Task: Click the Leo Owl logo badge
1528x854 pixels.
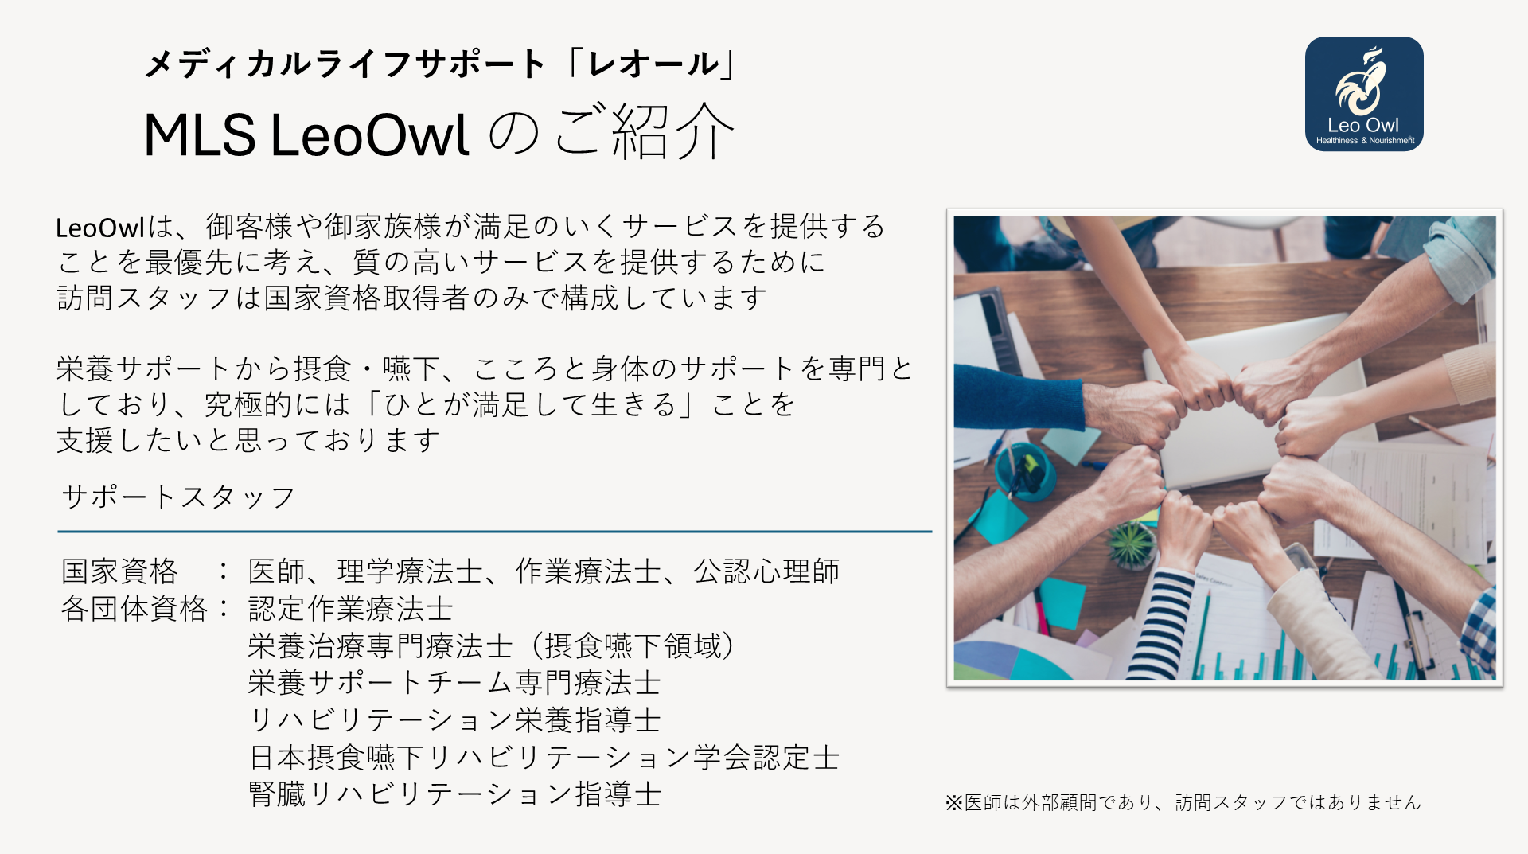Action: coord(1364,94)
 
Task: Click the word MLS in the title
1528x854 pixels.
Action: coord(200,134)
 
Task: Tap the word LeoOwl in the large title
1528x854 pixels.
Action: coord(370,134)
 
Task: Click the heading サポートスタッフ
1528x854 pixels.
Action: coord(178,497)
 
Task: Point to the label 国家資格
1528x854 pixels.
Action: coord(120,571)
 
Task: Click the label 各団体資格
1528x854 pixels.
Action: coord(134,608)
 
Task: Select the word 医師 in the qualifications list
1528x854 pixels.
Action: coord(277,571)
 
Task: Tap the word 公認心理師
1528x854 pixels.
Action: coord(766,571)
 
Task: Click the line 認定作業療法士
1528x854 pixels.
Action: coord(351,608)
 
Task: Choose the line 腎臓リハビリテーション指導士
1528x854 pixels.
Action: coord(455,794)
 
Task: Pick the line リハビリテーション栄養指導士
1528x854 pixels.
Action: coord(455,719)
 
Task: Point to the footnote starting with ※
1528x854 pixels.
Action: coord(1183,802)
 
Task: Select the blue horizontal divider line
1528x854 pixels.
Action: coord(495,531)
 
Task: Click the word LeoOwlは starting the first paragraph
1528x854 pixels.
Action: coord(115,228)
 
